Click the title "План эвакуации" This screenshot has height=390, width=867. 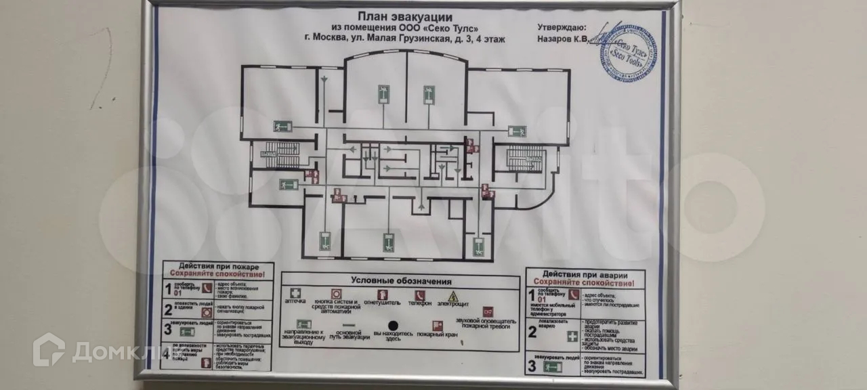[406, 16]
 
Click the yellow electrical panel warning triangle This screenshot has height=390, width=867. [454, 296]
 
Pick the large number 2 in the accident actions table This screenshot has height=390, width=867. [532, 332]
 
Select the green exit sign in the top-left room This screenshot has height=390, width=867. [282, 126]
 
